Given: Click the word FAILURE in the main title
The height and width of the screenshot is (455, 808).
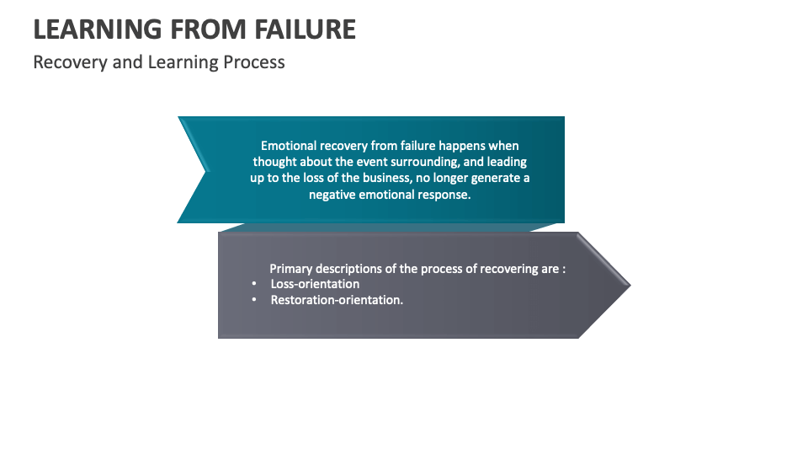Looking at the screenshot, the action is [x=305, y=29].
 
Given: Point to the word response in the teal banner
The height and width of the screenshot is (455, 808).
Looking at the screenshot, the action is [x=447, y=195].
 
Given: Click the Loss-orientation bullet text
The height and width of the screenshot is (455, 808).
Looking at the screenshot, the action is [x=315, y=284].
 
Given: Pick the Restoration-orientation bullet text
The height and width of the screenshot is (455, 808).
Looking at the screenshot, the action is [x=337, y=300].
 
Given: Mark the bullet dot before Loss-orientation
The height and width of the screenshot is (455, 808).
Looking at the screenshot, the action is [x=254, y=284].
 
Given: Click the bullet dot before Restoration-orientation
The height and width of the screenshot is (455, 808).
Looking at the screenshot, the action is [x=254, y=300].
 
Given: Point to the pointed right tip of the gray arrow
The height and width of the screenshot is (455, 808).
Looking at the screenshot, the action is [x=630, y=285].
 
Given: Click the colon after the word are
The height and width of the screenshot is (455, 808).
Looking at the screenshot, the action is [x=564, y=270].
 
